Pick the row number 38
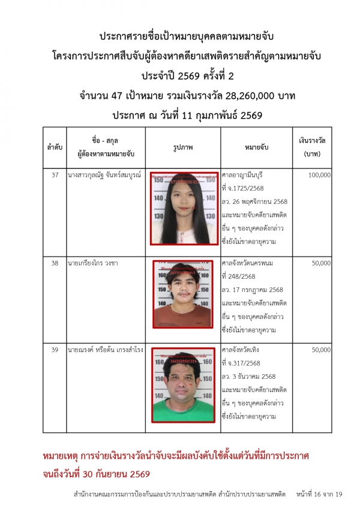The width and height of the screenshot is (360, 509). pyautogui.click(x=55, y=263)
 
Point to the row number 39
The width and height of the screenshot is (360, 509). pyautogui.click(x=55, y=350)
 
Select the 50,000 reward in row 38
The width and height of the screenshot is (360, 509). pyautogui.click(x=321, y=263)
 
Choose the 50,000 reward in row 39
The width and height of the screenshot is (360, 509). pyautogui.click(x=321, y=350)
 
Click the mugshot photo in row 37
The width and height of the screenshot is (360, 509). pyautogui.click(x=184, y=209)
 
